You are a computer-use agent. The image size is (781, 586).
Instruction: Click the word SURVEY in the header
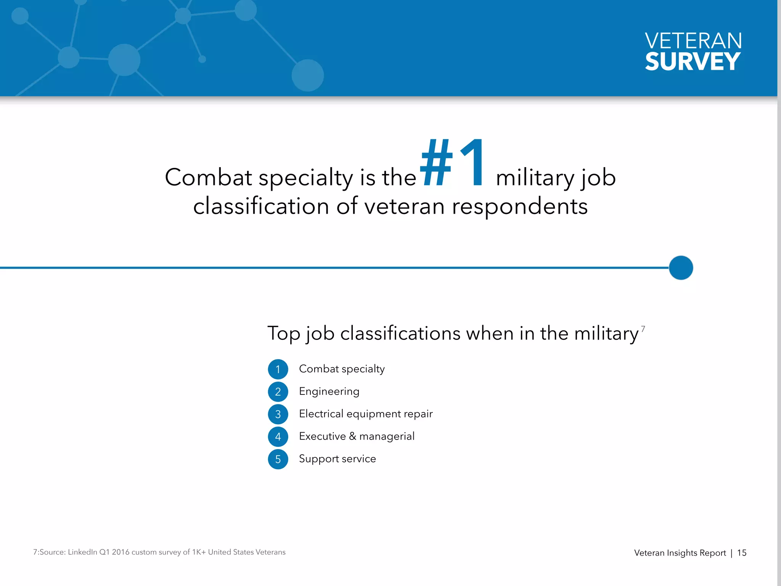click(693, 61)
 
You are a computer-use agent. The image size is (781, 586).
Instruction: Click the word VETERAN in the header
click(693, 40)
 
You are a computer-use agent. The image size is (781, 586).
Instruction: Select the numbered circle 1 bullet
click(278, 369)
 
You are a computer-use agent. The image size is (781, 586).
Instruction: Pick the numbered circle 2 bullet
click(278, 392)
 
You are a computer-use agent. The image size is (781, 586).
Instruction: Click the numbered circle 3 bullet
click(278, 414)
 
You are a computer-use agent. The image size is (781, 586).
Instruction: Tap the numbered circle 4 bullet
click(278, 437)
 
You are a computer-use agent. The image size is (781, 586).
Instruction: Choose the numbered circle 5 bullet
click(278, 459)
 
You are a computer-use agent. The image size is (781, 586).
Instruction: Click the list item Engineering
click(329, 391)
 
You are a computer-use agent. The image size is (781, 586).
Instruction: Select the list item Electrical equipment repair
click(366, 414)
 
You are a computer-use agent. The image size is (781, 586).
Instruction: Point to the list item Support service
click(337, 459)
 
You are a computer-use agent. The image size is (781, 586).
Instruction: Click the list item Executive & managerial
click(357, 436)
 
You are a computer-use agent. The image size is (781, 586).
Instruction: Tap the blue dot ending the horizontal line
click(681, 268)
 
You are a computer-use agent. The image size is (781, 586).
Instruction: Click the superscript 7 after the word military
click(643, 329)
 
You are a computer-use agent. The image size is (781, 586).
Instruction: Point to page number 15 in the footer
click(742, 553)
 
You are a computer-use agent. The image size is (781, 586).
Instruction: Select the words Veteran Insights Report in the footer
click(680, 553)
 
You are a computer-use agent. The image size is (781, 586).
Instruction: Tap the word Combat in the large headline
click(208, 177)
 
